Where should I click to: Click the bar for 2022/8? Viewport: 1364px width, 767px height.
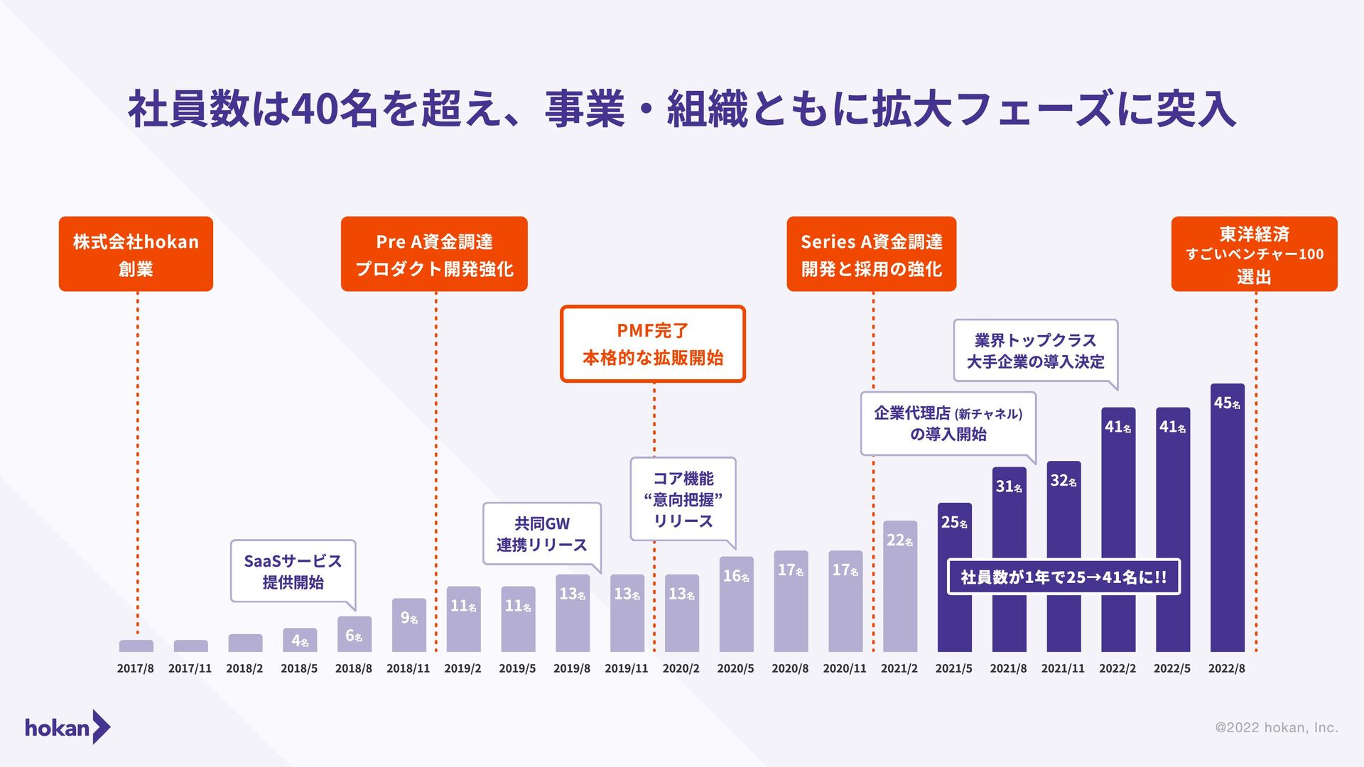pos(1227,518)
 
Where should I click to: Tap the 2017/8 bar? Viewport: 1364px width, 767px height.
pos(136,646)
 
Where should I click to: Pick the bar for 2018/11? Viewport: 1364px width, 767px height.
pos(408,626)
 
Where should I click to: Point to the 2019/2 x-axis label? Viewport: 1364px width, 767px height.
pos(462,668)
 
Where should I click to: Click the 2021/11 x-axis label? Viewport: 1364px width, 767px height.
pos(1063,668)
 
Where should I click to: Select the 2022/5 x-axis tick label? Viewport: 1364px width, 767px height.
pos(1171,668)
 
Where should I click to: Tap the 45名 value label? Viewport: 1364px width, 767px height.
pos(1227,403)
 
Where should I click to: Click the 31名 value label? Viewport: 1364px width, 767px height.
pos(1009,486)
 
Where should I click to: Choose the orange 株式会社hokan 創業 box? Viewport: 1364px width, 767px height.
pos(136,254)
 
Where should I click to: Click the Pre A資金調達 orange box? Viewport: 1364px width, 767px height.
pos(434,254)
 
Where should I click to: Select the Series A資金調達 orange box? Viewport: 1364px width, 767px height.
pos(872,254)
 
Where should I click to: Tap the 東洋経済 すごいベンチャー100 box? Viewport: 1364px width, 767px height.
pos(1254,254)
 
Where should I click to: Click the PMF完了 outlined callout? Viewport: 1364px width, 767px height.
pos(653,344)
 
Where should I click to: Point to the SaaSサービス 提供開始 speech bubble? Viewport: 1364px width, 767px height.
pos(293,571)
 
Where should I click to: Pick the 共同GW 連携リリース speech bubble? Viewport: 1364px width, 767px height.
pos(542,534)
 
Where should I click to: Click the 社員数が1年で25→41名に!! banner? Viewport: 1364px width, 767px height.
pos(1063,577)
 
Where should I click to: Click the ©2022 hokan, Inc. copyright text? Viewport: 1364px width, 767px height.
pos(1276,727)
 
